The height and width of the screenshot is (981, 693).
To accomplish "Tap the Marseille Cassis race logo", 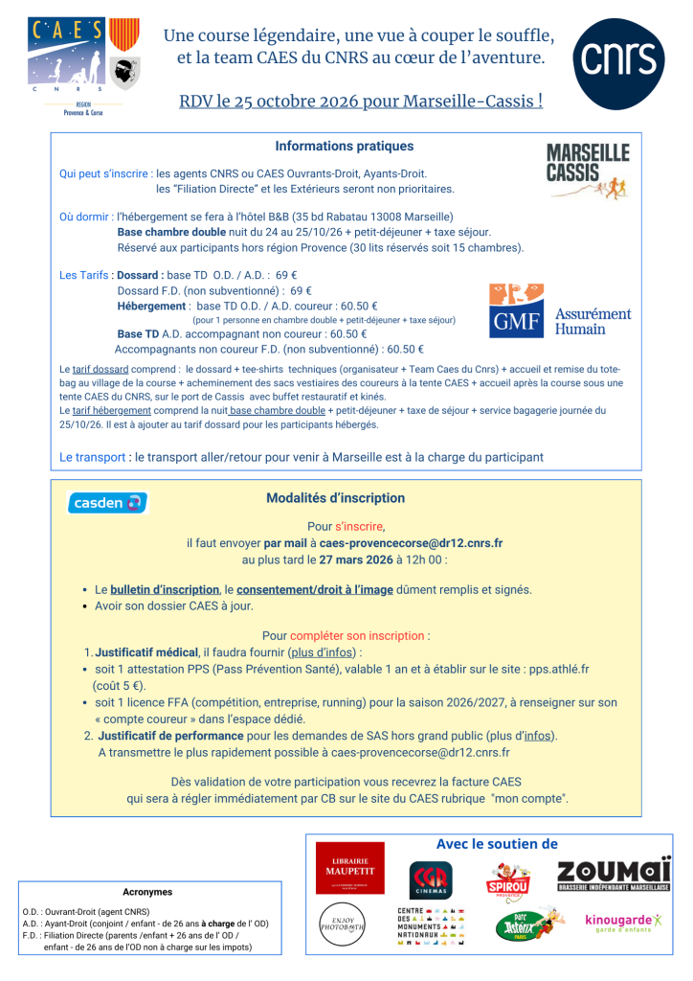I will tap(587, 171).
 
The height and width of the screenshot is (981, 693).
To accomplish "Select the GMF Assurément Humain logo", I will tap(560, 310).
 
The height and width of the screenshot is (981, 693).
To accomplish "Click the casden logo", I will tap(107, 502).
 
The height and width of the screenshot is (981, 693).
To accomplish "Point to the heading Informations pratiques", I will tap(345, 147).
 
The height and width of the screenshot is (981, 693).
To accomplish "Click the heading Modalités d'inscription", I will tap(335, 498).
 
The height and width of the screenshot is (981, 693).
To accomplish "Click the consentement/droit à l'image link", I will tap(315, 590).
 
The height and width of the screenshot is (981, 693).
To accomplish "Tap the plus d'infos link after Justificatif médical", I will tap(319, 651).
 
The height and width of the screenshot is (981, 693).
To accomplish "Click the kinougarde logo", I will tap(624, 923).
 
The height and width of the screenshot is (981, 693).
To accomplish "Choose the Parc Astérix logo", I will tap(520, 926).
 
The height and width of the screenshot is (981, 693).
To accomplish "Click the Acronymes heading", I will tap(147, 891).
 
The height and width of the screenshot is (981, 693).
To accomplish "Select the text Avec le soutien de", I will tap(496, 844).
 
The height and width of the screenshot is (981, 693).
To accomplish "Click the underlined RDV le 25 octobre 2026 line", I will tap(360, 100).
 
